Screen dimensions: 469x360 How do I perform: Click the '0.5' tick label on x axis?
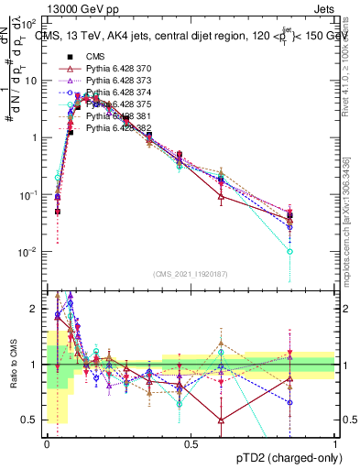coord(191,444)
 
